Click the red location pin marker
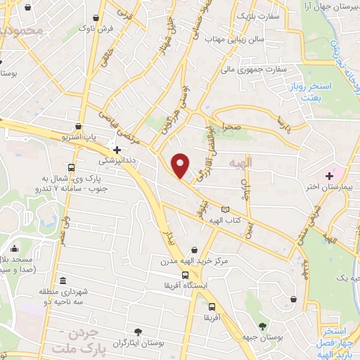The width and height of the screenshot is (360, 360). (181, 165)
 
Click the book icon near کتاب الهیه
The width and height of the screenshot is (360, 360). (225, 210)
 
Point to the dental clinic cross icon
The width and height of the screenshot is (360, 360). (117, 149)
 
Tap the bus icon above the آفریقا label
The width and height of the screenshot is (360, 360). (211, 307)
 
